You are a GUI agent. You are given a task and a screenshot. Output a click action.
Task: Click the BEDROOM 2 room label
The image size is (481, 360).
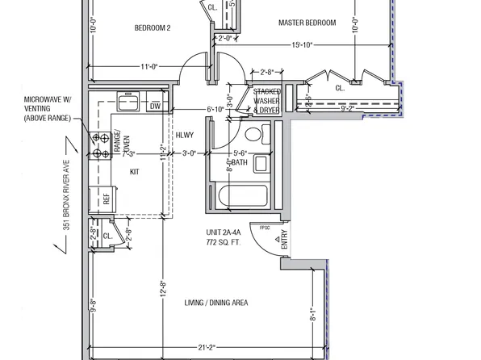(153, 27)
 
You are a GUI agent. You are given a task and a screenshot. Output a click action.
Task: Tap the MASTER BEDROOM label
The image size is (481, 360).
(307, 23)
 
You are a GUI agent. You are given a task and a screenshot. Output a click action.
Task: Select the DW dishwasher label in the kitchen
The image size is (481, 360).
(156, 106)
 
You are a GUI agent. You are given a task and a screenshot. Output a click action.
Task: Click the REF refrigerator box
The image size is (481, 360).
(105, 199)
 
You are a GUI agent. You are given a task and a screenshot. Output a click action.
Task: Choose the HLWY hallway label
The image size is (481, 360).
(186, 136)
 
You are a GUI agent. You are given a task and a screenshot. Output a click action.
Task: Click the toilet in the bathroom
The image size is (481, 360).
(255, 134)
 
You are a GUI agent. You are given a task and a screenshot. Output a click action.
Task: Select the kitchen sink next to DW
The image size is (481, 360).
(129, 103)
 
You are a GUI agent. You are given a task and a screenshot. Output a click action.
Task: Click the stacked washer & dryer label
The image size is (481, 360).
(266, 101)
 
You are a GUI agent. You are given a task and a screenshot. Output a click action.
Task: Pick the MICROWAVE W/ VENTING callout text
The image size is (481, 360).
(48, 109)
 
